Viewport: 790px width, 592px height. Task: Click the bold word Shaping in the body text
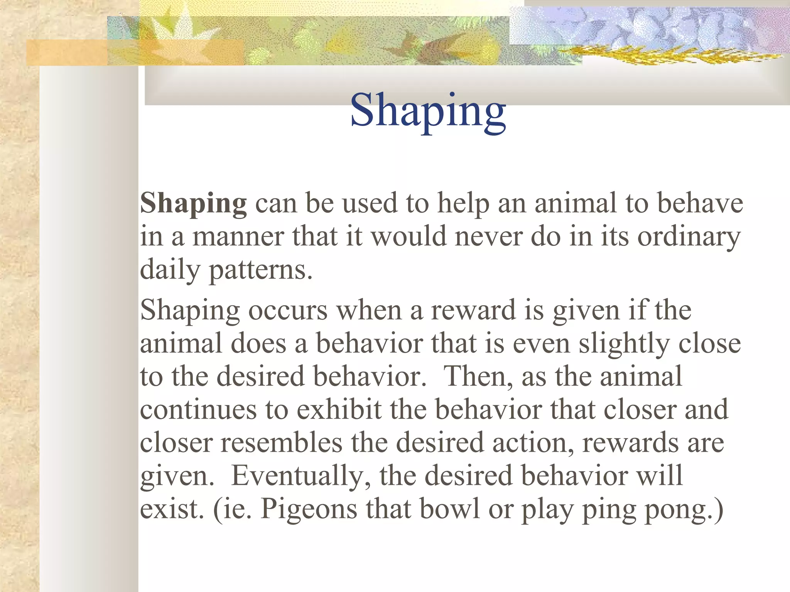193,203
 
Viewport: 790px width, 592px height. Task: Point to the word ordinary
689,237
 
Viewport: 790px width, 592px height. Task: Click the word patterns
260,270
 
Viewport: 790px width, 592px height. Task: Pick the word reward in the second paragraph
473,310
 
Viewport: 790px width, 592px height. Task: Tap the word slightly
623,344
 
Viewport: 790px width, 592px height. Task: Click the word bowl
449,509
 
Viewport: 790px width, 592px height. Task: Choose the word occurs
288,310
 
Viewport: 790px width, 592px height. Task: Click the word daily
170,270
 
